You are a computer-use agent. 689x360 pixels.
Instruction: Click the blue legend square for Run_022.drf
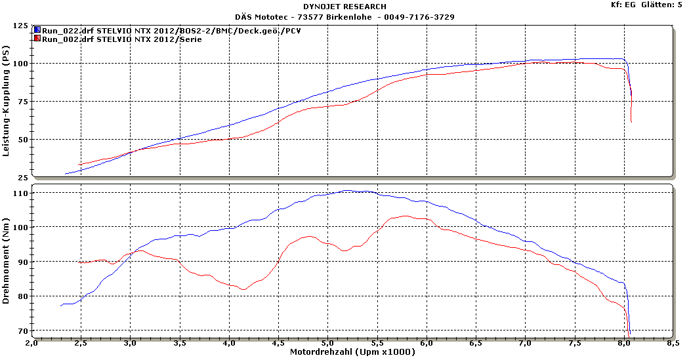coord(37,30)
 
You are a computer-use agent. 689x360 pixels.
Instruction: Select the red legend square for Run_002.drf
coord(37,39)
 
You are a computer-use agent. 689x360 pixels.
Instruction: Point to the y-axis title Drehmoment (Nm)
coord(6,260)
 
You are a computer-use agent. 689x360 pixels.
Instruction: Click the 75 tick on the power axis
coord(23,102)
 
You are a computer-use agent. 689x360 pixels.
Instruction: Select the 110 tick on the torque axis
coord(20,194)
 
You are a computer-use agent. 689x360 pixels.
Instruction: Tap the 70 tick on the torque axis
coord(23,330)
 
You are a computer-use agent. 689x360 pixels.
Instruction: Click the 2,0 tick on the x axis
coord(31,343)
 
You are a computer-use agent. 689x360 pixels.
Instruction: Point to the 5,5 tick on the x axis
coord(377,343)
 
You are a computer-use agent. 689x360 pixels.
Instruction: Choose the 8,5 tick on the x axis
coord(672,343)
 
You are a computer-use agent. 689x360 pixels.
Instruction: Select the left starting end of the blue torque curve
coord(61,306)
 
